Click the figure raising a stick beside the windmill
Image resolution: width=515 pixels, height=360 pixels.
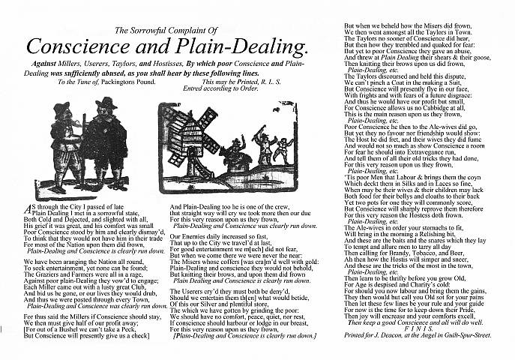[262, 142]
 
